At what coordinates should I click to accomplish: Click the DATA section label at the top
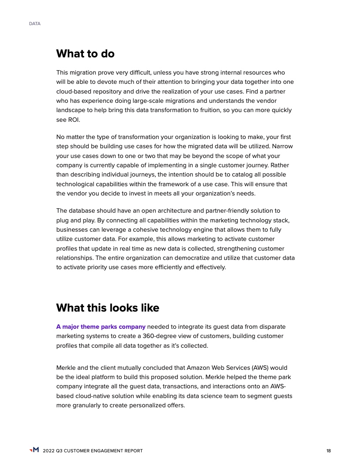pos(34,24)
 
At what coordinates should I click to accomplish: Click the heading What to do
pos(85,54)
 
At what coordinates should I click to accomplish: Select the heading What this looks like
pos(108,308)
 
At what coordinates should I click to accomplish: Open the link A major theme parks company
pos(101,327)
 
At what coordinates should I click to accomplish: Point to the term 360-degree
pos(171,336)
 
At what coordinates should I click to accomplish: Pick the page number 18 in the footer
pos(328,451)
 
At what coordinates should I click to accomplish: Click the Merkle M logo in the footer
pos(34,450)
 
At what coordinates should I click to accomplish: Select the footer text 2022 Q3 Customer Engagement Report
pos(93,451)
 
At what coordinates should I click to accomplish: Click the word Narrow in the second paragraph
pos(283,146)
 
